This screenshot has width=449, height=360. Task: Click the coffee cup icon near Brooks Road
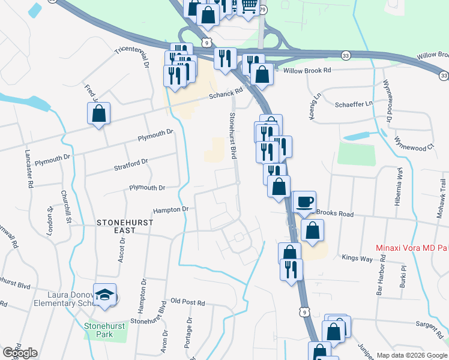[x=304, y=202]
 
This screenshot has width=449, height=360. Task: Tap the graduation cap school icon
[x=104, y=295]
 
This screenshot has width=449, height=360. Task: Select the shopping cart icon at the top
[x=249, y=7]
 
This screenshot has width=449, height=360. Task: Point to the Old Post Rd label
[x=188, y=302]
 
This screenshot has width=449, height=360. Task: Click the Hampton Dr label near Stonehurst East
[x=170, y=210]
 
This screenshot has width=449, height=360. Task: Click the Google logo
[x=19, y=353]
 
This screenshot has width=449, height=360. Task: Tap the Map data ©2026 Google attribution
[x=412, y=355]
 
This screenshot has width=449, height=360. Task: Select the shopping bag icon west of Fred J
[x=99, y=114]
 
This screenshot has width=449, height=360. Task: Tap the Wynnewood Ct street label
[x=414, y=148]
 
